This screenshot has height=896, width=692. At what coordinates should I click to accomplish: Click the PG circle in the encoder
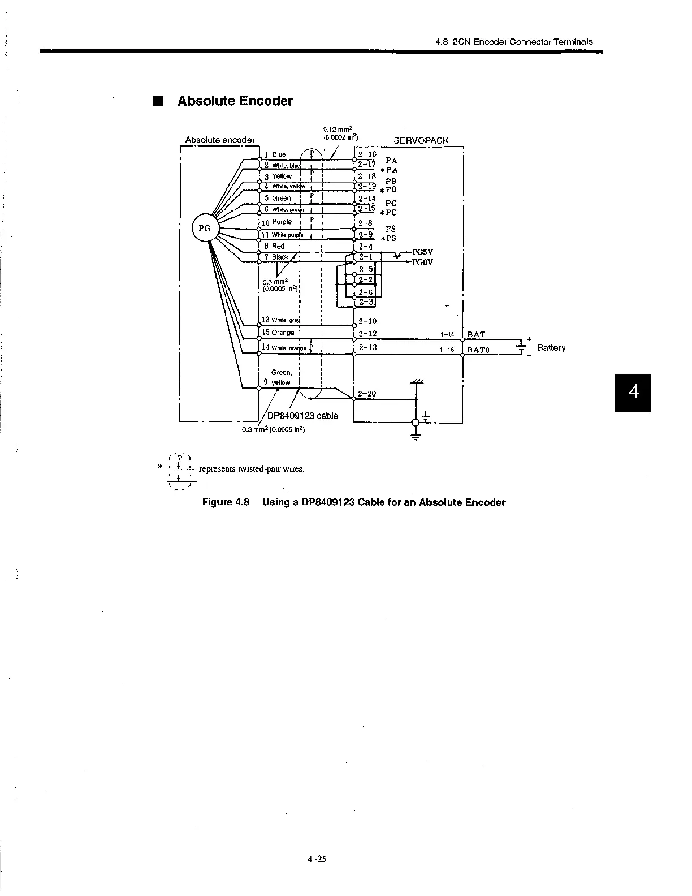coord(205,228)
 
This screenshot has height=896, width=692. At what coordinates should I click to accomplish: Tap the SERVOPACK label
coord(421,140)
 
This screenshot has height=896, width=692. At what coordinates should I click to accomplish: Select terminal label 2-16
coord(367,154)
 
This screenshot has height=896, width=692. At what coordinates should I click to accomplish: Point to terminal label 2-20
coord(367,394)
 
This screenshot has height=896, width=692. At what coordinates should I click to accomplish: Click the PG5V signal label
coord(422,252)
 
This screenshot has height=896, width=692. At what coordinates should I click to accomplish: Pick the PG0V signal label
coord(422,262)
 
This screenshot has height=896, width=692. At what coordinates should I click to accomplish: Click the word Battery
coord(551,347)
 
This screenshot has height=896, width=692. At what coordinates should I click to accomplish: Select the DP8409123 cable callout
coord(302,416)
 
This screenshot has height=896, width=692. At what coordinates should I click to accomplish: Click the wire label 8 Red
coord(275,246)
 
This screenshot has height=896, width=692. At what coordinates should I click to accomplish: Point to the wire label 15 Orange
coord(278,333)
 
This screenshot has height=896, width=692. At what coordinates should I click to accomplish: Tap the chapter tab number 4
coord(633,391)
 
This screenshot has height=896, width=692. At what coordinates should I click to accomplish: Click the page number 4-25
coord(317,875)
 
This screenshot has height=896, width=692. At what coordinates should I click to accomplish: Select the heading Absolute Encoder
coord(235,101)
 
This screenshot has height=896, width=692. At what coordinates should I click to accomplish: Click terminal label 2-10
coord(367,321)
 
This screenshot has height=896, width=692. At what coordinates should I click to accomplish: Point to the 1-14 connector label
coord(447,335)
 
